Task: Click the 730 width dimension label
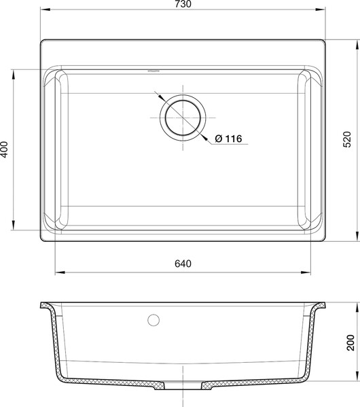[x=183, y=4]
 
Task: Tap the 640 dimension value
[x=183, y=264]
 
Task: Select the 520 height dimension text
[x=347, y=140]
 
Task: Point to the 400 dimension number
[x=4, y=149]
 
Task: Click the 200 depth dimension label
[x=350, y=342]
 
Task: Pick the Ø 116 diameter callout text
[x=228, y=139]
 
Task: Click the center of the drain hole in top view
[x=183, y=118]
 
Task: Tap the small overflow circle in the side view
[x=154, y=320]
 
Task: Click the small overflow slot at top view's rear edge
[x=154, y=71]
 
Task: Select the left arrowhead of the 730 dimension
[x=45, y=10]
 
